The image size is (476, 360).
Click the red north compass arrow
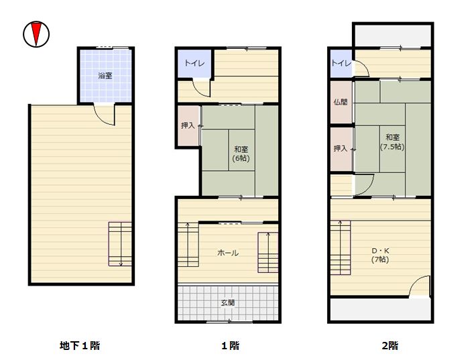click(x=36, y=34)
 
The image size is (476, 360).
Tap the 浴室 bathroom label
click(x=105, y=76)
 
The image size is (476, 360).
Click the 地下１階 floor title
click(x=80, y=345)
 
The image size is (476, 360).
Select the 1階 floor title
click(x=230, y=345)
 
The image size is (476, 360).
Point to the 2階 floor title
click(x=390, y=345)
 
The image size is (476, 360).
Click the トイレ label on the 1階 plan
click(x=194, y=63)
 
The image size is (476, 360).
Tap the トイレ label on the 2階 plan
click(x=341, y=63)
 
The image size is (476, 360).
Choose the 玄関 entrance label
click(x=228, y=302)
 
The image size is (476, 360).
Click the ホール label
click(x=228, y=253)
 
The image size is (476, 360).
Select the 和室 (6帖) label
click(x=241, y=154)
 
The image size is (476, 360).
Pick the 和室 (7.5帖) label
click(x=392, y=142)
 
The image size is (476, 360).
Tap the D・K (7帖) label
click(x=380, y=255)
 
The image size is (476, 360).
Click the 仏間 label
click(x=341, y=102)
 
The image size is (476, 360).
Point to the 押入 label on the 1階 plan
click(x=188, y=125)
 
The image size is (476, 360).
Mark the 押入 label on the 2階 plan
click(x=341, y=148)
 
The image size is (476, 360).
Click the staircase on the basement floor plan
click(x=120, y=244)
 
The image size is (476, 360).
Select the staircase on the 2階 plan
click(x=341, y=247)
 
